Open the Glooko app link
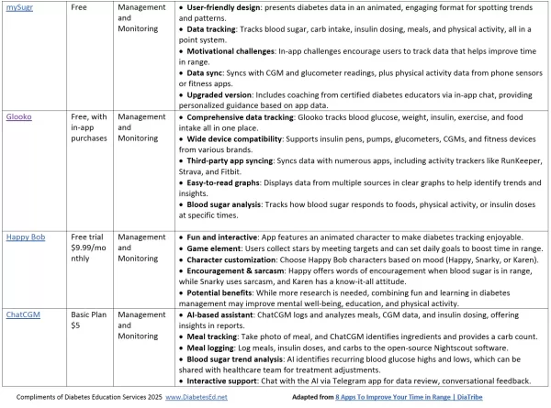19,116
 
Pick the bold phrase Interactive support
226,379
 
